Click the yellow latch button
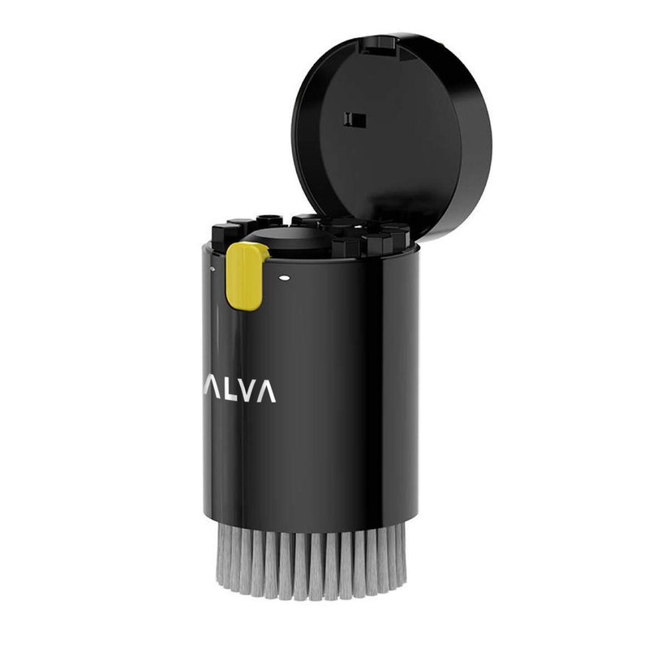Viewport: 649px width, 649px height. click(x=246, y=276)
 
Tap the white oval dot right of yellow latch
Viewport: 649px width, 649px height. click(x=284, y=277)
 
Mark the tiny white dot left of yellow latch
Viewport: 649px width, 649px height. click(x=213, y=269)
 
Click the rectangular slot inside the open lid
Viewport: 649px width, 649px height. click(x=355, y=120)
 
